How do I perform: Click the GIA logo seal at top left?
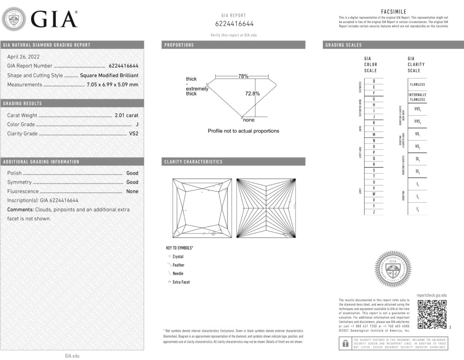click(x=14, y=19)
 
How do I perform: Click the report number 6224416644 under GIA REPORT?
click(x=234, y=24)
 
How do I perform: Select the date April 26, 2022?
click(x=23, y=57)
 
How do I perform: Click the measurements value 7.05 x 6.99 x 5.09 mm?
click(x=112, y=84)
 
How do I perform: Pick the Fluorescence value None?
click(x=132, y=191)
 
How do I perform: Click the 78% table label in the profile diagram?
click(x=243, y=76)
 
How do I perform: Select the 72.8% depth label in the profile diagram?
click(x=252, y=94)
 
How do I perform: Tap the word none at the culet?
click(x=249, y=120)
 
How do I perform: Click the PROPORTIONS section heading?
click(x=179, y=45)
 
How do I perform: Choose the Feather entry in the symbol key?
click(x=178, y=265)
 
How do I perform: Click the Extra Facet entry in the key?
click(x=181, y=282)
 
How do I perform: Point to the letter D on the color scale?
click(x=373, y=81)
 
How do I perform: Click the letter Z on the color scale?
click(x=373, y=212)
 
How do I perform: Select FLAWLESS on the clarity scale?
click(x=417, y=85)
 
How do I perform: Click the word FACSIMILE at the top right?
click(x=393, y=11)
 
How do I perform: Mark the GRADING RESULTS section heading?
click(x=22, y=103)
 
